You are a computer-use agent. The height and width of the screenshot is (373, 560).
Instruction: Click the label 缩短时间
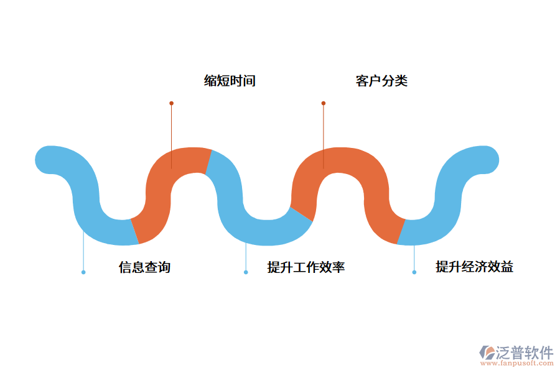coord(230,81)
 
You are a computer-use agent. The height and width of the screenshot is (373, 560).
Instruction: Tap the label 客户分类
coord(381,81)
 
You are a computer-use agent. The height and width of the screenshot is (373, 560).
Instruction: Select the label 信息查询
coord(144,267)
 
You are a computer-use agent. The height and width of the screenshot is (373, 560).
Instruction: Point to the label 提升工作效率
coord(306,267)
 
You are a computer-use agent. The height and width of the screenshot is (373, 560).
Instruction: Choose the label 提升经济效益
coord(474,267)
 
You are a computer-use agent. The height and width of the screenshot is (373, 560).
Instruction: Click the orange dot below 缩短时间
coord(171,103)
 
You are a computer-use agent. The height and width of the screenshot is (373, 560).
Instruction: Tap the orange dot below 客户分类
coord(324,103)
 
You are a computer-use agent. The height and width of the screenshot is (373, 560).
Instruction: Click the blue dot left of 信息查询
coord(83,272)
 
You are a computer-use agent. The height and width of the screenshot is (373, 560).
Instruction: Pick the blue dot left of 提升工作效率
coord(246,272)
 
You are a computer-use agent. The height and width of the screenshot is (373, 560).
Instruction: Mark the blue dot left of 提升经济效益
coord(414,272)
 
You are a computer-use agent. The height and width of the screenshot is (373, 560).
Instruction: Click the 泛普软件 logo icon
coord(487,352)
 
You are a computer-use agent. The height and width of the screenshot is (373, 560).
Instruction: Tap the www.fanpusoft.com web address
coord(516,363)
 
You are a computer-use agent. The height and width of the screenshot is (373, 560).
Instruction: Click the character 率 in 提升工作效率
coord(338,267)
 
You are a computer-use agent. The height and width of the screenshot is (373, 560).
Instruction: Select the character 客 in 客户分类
coord(362,81)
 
